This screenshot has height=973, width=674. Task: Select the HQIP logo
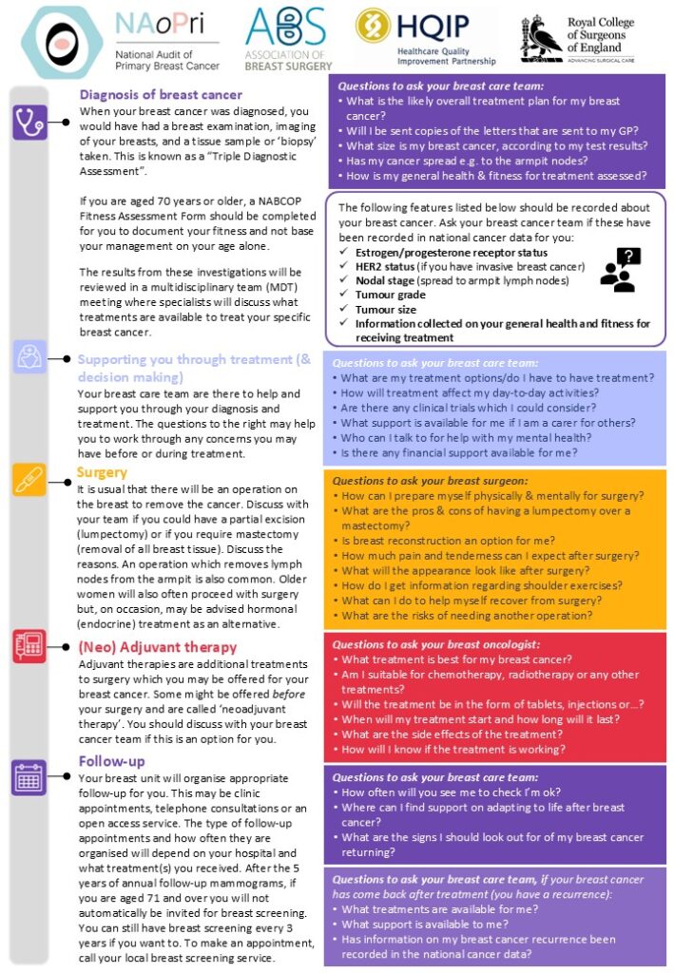point(425,37)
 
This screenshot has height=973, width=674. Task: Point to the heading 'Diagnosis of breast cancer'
point(161,95)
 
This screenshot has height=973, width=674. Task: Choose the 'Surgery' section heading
point(103,472)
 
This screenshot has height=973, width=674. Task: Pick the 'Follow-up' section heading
point(112,760)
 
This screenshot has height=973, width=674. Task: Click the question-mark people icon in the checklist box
point(619,269)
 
